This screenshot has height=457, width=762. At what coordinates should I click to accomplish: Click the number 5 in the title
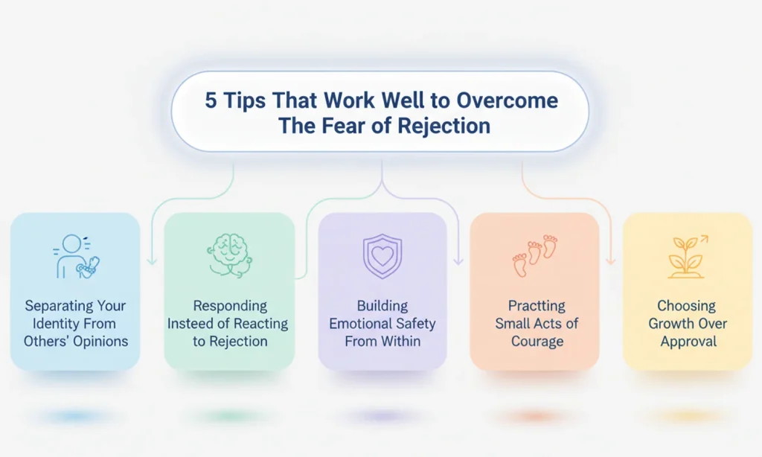pyautogui.click(x=211, y=101)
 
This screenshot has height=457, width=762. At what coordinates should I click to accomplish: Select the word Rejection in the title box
pyautogui.click(x=444, y=125)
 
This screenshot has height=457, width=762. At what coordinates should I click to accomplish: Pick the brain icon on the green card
pyautogui.click(x=228, y=255)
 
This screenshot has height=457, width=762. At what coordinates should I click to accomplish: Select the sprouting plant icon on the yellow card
pyautogui.click(x=688, y=257)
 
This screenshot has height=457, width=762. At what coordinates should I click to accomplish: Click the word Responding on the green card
pyautogui.click(x=228, y=306)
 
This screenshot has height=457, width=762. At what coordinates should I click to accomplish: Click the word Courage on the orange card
pyautogui.click(x=537, y=342)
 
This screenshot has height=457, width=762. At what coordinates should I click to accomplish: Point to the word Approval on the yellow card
pyautogui.click(x=688, y=342)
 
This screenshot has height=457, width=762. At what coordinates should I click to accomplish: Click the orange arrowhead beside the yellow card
pyautogui.click(x=610, y=261)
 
